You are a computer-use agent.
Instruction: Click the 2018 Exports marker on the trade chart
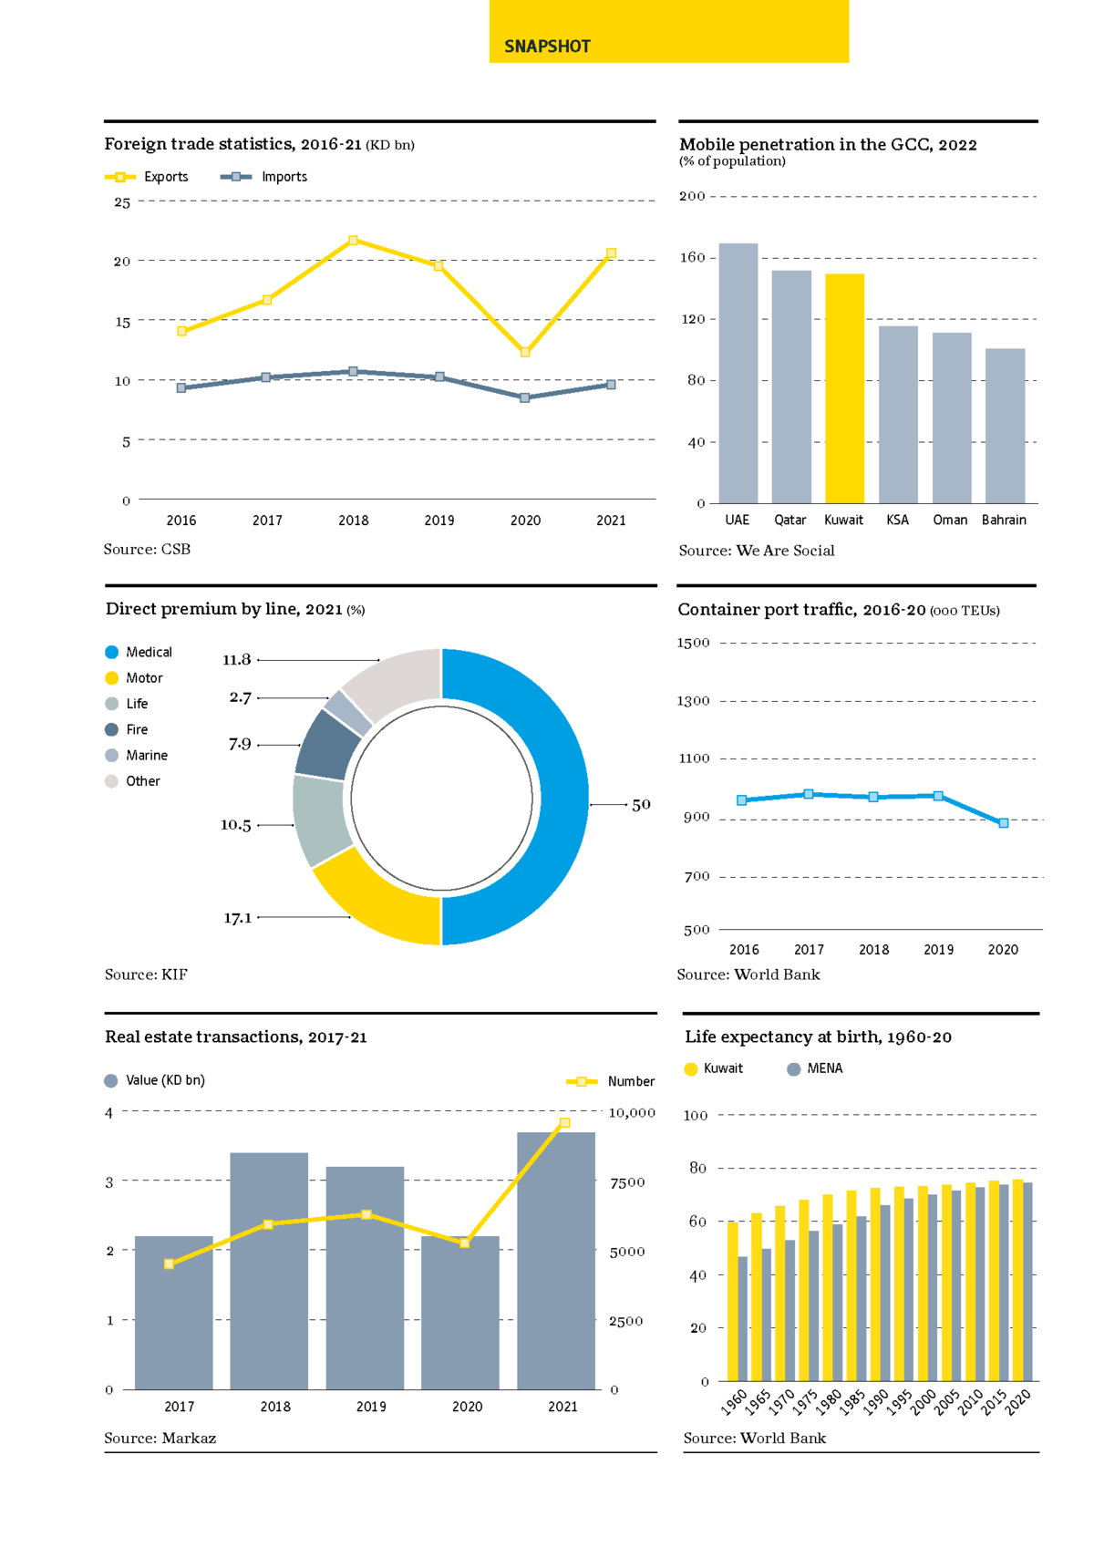tap(354, 241)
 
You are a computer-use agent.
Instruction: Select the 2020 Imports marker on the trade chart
tap(525, 397)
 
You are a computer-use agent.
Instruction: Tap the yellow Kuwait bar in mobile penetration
tap(844, 388)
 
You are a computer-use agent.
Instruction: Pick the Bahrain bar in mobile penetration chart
tap(1005, 426)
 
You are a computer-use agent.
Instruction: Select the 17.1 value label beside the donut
tap(238, 918)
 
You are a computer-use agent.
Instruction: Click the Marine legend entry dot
tap(112, 756)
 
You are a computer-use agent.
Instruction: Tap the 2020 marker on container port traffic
tap(1004, 823)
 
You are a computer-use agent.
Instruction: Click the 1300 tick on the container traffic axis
tap(693, 701)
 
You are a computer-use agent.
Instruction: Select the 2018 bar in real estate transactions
tap(269, 1271)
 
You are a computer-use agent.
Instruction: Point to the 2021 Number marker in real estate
tap(564, 1123)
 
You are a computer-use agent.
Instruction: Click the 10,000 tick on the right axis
tap(632, 1113)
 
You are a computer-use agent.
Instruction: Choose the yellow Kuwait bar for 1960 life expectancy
tap(733, 1301)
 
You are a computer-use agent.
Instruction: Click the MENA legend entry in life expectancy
tap(815, 1068)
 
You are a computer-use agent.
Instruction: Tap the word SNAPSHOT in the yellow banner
tap(547, 46)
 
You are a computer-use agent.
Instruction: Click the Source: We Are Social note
tap(757, 551)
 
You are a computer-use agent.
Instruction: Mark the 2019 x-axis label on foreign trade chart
tap(439, 521)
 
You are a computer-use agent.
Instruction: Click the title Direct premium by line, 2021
tap(224, 609)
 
